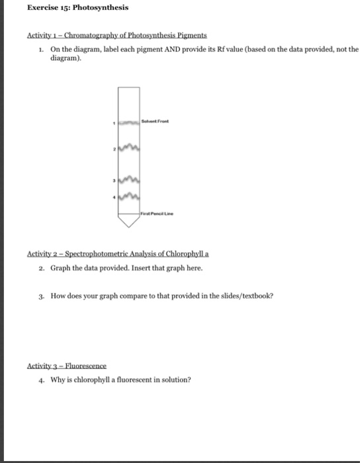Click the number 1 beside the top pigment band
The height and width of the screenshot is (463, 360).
tap(114, 122)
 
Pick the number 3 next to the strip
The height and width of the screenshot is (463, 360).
tap(114, 180)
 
